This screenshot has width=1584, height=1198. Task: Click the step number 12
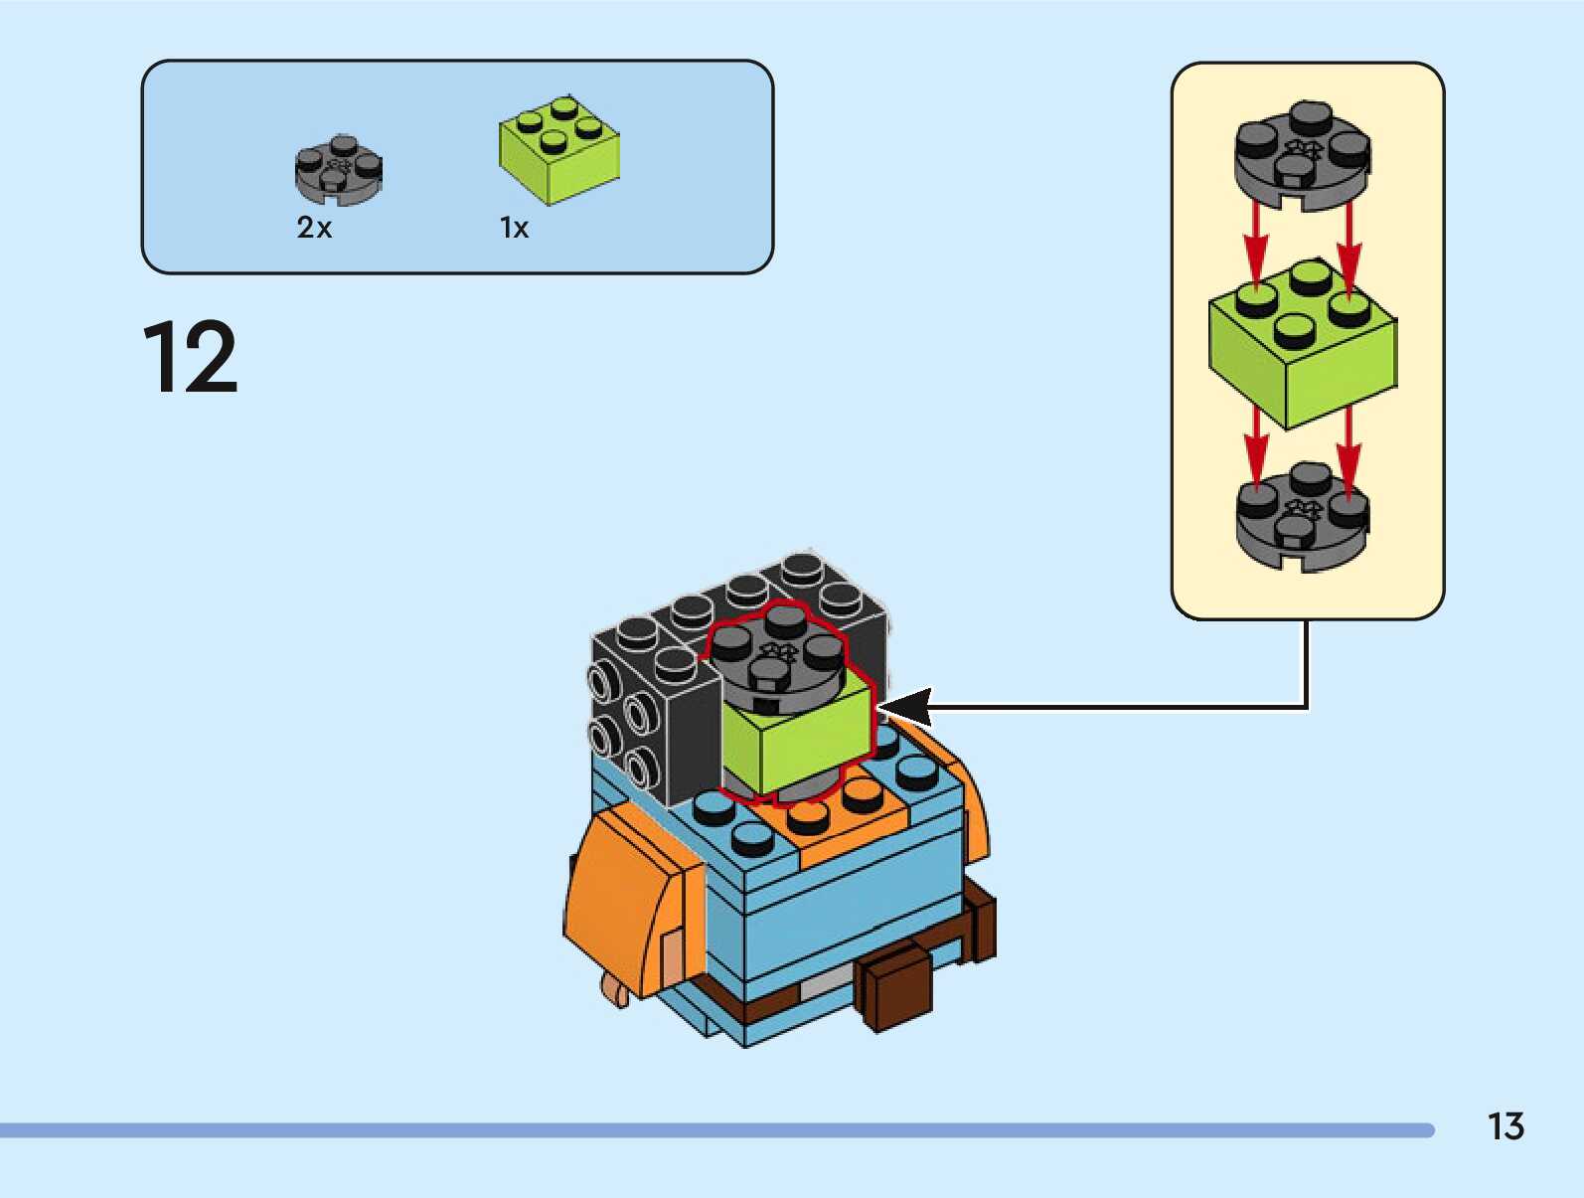pos(191,357)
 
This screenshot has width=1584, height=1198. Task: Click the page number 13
pos(1505,1126)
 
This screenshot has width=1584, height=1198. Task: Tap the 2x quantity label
pos(314,228)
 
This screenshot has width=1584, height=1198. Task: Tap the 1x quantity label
pos(514,229)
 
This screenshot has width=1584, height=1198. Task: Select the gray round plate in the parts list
pos(338,170)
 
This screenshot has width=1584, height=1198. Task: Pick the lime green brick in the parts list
pos(557,151)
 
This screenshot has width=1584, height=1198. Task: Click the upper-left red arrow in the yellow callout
pos(1256,239)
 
